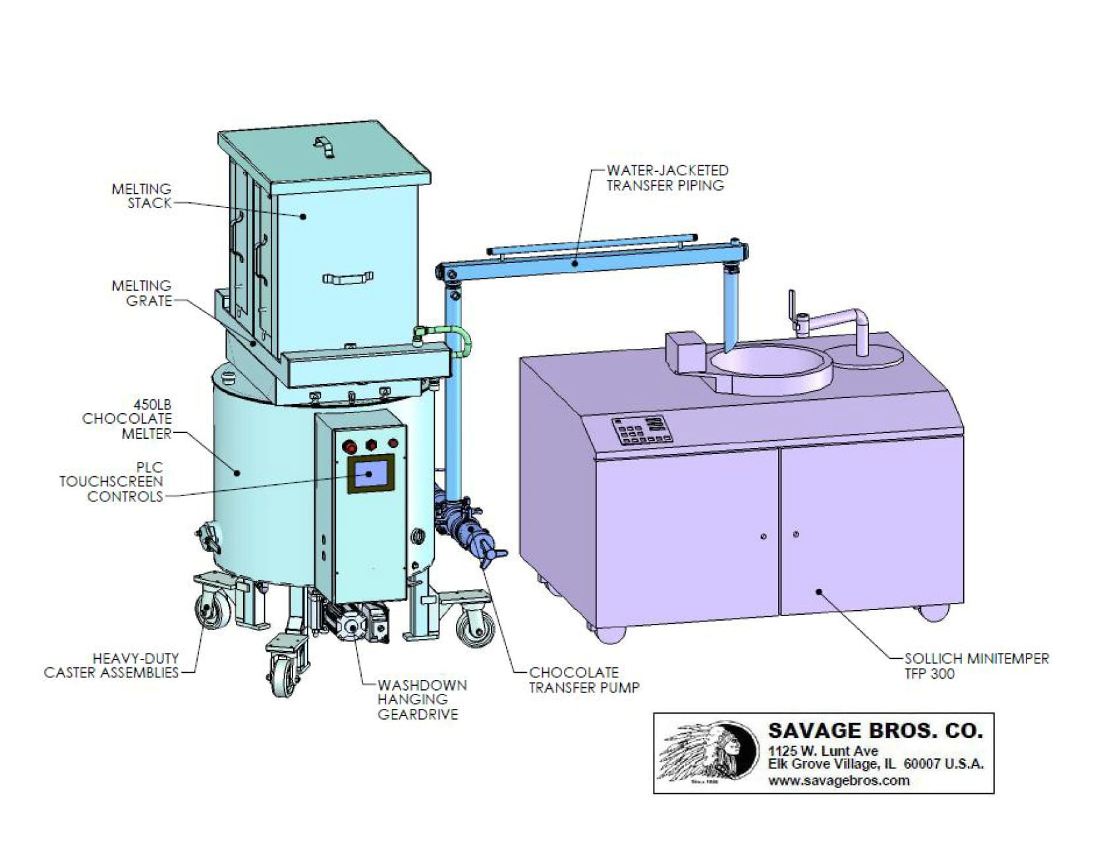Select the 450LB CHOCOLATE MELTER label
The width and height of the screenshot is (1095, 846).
126,418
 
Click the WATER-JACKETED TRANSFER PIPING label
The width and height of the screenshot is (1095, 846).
667,178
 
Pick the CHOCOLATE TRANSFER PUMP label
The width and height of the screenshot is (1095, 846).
584,680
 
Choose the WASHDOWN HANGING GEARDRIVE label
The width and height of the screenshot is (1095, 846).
422,699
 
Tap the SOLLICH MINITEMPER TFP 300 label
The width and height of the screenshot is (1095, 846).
976,665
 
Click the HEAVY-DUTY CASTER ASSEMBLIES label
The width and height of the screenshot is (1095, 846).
111,665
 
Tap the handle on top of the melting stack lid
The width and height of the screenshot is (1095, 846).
323,146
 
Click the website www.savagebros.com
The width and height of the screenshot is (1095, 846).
838,781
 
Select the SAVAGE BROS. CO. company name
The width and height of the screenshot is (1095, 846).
875,731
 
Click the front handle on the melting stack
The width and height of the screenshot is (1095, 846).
347,279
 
